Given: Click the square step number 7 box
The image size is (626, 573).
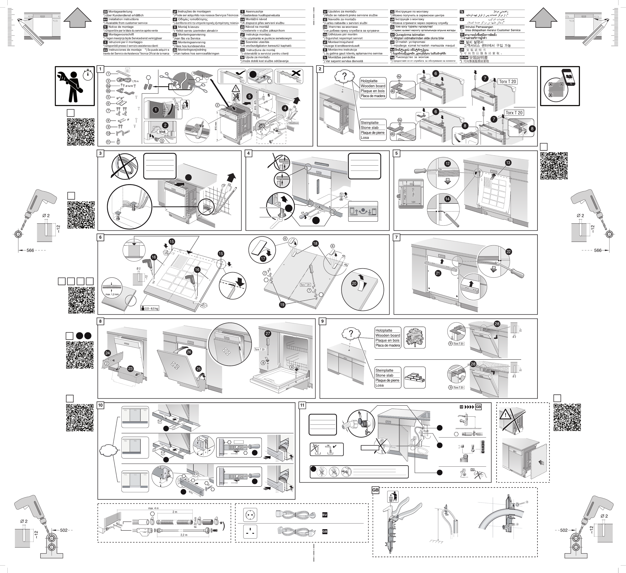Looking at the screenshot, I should pos(397,237).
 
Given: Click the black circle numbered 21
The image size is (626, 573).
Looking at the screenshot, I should pos(438,273).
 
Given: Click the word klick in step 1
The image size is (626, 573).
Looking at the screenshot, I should pos(162,132).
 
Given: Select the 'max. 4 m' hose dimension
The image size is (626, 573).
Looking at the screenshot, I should pos(153,508).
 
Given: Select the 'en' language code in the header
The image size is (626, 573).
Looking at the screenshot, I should pos(105,19).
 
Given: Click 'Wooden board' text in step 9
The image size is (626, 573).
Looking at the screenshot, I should pos(388,336).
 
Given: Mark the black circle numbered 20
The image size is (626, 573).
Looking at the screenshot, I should pos(354,283).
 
